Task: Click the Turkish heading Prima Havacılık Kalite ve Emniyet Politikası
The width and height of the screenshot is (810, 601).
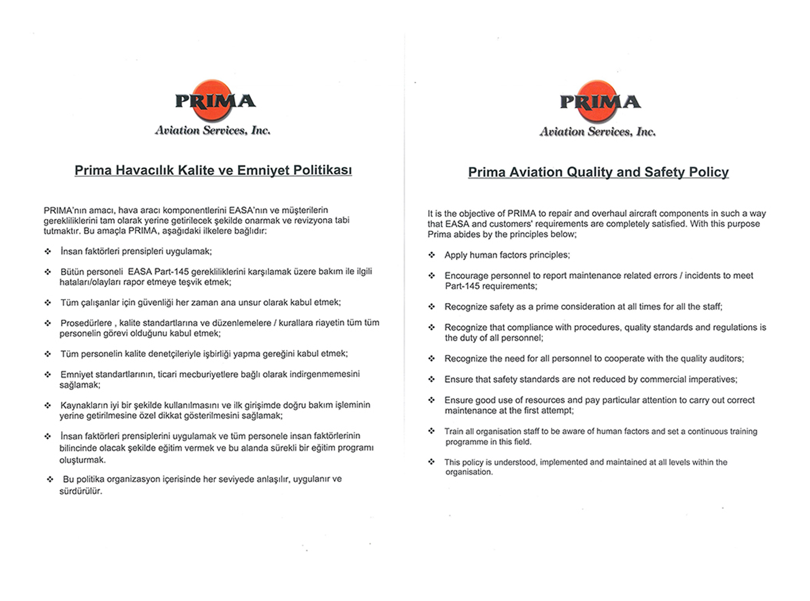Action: [x=213, y=170]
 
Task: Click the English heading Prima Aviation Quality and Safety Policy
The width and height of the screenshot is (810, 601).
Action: [x=598, y=172]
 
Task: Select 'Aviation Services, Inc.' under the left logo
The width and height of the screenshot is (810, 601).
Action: [x=212, y=131]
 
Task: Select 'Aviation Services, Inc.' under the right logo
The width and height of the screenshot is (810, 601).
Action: [x=598, y=132]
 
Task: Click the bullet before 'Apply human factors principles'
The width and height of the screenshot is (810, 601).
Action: [x=432, y=255]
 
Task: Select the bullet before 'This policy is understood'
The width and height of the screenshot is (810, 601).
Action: [x=432, y=461]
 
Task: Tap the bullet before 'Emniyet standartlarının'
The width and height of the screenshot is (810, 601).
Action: [x=48, y=375]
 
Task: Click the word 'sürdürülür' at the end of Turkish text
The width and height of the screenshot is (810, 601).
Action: [x=80, y=491]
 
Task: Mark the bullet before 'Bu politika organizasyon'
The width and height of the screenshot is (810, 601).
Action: [x=50, y=479]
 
